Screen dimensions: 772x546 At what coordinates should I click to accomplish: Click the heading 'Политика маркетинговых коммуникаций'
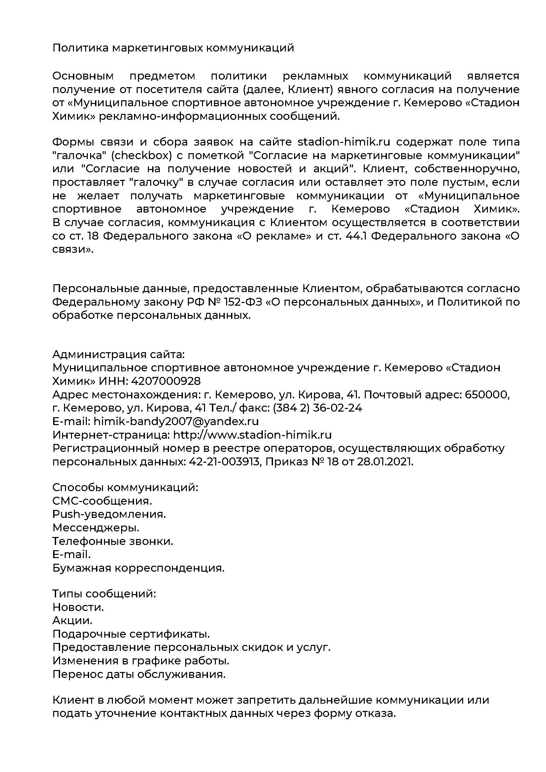tap(173, 48)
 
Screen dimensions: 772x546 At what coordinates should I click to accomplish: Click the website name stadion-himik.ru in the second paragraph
tap(344, 142)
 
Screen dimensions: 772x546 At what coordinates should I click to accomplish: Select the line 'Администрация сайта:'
tap(119, 354)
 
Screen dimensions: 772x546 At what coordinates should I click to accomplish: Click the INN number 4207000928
tap(166, 381)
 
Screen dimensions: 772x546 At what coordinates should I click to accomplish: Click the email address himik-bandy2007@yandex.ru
tap(176, 421)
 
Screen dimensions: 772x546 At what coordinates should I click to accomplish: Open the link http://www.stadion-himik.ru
tap(252, 435)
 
